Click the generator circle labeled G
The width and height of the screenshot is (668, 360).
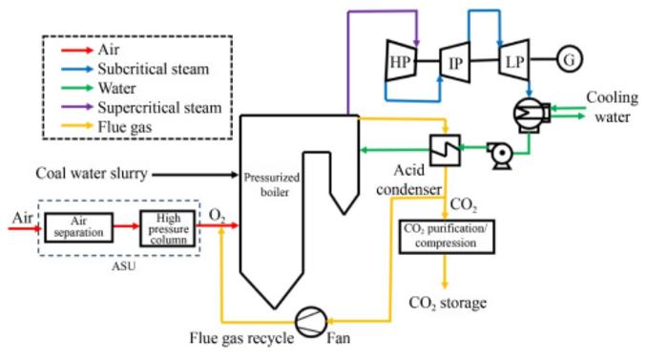(570, 58)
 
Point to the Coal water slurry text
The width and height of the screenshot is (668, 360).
(93, 174)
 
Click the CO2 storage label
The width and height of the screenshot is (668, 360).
(448, 304)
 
